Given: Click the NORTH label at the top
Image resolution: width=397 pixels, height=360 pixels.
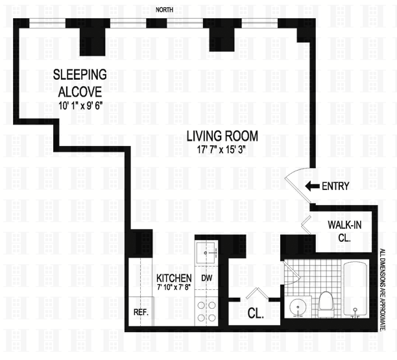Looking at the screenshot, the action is (x=164, y=10).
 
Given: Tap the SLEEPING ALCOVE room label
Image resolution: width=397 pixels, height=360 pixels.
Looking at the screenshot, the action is (x=80, y=83).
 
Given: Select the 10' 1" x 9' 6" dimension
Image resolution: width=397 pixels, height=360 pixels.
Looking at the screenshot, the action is (x=81, y=106).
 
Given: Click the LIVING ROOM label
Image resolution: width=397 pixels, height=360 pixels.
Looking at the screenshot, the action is (x=223, y=136).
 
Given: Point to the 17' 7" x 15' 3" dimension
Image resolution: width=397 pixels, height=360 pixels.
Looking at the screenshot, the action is (x=222, y=150).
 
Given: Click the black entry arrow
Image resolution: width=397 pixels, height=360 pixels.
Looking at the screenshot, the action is (x=312, y=186).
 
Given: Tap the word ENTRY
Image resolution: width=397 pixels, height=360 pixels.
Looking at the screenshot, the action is (x=335, y=186).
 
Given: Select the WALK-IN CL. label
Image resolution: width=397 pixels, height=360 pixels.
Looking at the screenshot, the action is (x=344, y=231).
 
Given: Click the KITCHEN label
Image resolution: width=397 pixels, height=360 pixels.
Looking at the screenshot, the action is (x=174, y=278).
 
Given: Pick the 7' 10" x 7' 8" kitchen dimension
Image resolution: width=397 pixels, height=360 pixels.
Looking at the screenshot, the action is (x=174, y=287).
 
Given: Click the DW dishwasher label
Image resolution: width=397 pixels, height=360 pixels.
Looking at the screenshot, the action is (x=206, y=278).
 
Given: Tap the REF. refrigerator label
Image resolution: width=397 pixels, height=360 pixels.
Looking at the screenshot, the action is (x=141, y=312).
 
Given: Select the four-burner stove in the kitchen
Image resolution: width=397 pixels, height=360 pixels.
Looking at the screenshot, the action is (x=206, y=311).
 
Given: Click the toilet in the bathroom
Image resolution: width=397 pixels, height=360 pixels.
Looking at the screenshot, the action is (x=326, y=304).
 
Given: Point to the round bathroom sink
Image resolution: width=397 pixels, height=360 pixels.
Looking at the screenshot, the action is (x=298, y=307).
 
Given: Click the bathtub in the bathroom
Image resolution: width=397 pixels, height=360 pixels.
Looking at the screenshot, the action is (x=355, y=289).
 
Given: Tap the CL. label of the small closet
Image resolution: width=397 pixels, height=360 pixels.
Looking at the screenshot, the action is (x=256, y=313).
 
